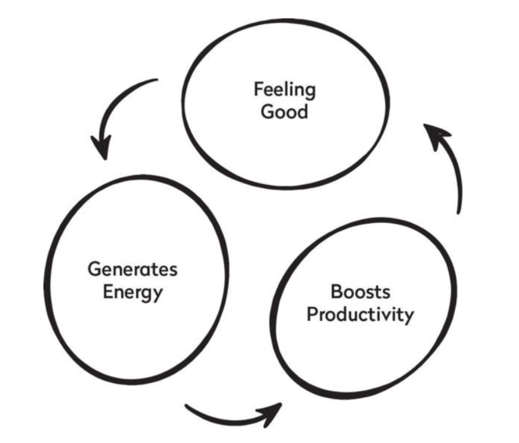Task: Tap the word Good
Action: point(284,111)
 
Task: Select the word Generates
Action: point(132,269)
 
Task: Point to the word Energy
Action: point(133,292)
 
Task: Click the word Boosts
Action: point(360,292)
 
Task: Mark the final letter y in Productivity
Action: point(409,317)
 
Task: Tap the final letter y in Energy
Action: point(158,294)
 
